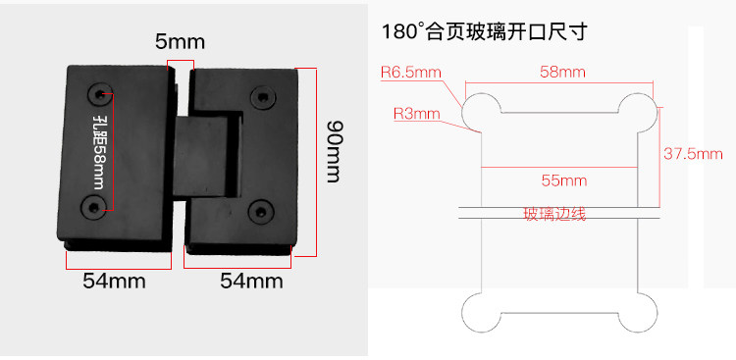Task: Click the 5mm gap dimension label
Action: pyautogui.click(x=181, y=42)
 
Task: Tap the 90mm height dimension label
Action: pyautogui.click(x=334, y=151)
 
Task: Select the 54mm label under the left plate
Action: pyautogui.click(x=114, y=282)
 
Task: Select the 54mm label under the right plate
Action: pyautogui.click(x=251, y=282)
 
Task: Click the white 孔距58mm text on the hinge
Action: pyautogui.click(x=99, y=152)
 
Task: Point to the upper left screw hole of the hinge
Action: pyautogui.click(x=100, y=94)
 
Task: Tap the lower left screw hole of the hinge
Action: pyautogui.click(x=93, y=207)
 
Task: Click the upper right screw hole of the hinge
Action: pyautogui.click(x=263, y=97)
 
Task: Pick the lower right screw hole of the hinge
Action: pyautogui.click(x=259, y=211)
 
